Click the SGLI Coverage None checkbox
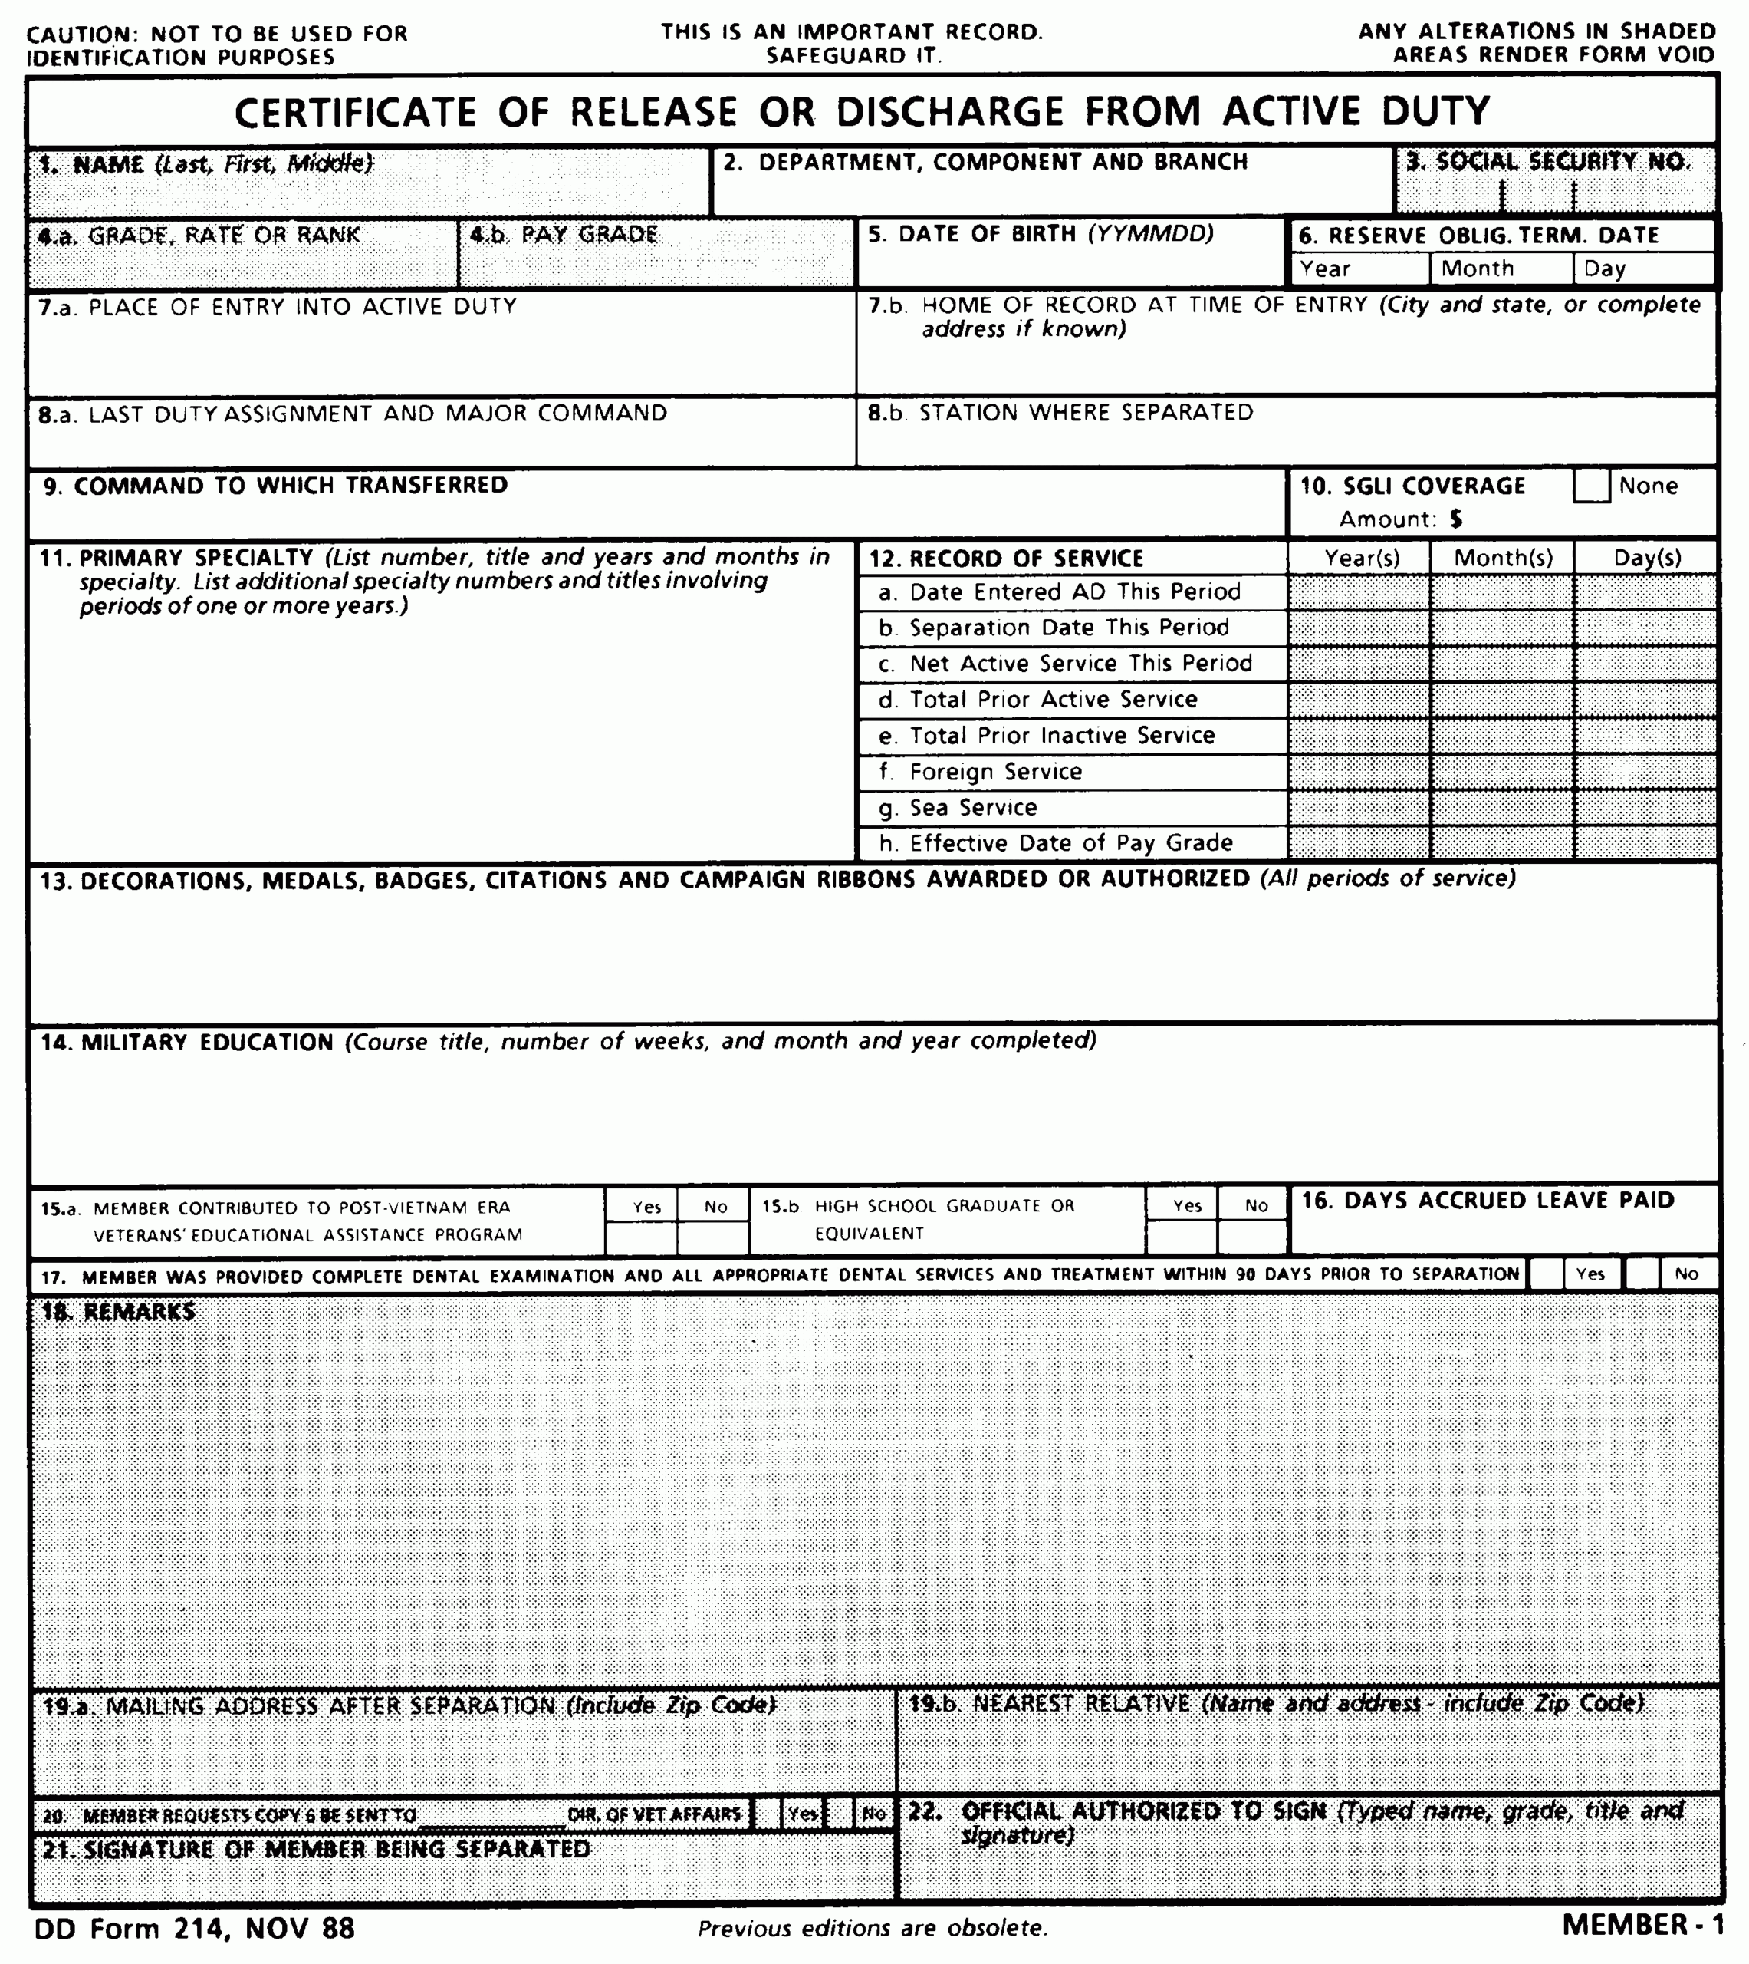pos(1590,486)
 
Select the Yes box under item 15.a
pos(641,1238)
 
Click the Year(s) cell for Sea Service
pos(1359,808)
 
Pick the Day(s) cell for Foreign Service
pos(1645,772)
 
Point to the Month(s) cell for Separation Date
pos(1502,628)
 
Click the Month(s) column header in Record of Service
pos(1502,559)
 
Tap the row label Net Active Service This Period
pos(1080,664)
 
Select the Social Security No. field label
pos(1547,162)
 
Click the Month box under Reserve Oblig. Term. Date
pos(1500,269)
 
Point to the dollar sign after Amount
pos(1457,519)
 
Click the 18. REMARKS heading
pos(118,1312)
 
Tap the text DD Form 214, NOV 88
pos(194,1929)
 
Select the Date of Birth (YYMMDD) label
pos(1041,233)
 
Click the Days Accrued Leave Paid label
pos(1487,1201)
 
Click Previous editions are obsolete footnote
pos(873,1929)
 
